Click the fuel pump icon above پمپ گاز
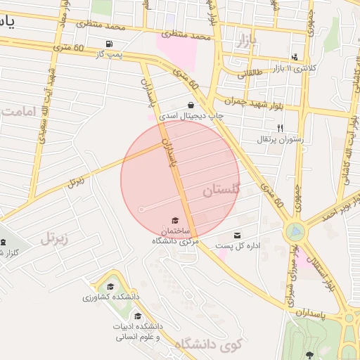coord(108,44)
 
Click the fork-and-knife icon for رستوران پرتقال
coord(280,128)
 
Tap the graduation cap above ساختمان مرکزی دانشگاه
coord(174,221)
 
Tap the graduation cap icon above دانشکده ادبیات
coord(138,316)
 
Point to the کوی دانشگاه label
coord(208,344)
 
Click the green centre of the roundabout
coord(296,230)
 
